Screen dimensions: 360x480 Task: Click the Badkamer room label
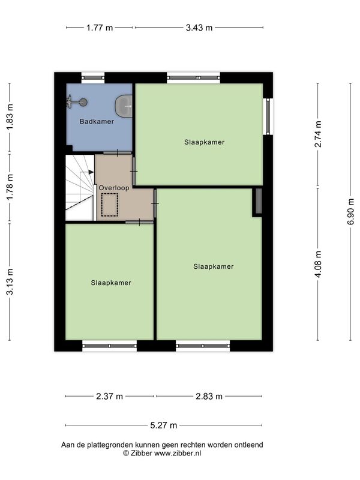click(x=97, y=121)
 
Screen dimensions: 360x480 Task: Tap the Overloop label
click(x=114, y=188)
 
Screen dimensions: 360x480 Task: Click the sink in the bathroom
click(x=124, y=106)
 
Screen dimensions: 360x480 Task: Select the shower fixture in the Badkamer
click(x=77, y=102)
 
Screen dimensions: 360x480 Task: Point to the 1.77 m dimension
click(x=100, y=28)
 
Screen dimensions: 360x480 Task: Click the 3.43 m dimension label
click(x=199, y=28)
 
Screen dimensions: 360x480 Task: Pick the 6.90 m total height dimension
click(x=351, y=212)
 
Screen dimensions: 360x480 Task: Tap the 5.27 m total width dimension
click(x=164, y=425)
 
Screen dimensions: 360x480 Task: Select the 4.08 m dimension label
click(x=319, y=264)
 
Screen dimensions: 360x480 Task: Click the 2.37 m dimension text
click(x=110, y=397)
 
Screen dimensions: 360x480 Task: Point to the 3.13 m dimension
click(x=10, y=281)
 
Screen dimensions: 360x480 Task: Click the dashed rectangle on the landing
click(x=110, y=205)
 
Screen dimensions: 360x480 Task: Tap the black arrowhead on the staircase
click(x=91, y=172)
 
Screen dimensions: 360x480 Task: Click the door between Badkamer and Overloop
click(x=117, y=153)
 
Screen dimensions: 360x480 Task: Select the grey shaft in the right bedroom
click(x=259, y=201)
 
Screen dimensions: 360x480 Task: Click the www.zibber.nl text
click(x=178, y=454)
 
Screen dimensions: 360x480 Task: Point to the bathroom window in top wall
click(x=93, y=78)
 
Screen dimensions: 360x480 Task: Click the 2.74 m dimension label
click(x=319, y=134)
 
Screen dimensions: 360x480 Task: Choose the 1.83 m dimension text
click(x=10, y=117)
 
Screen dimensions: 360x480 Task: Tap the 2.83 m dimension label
click(x=209, y=397)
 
